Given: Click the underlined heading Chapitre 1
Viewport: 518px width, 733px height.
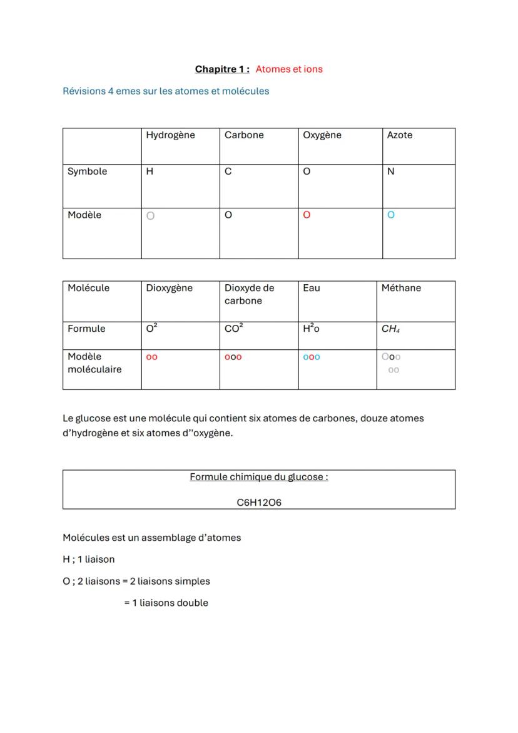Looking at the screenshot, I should coord(222,69).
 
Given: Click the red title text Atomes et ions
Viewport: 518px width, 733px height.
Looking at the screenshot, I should coord(289,69).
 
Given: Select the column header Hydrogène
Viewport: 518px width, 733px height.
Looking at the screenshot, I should coord(170,135).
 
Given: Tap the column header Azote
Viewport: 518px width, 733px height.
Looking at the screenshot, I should coord(399,135).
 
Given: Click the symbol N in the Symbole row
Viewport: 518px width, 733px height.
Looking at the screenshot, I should coord(391,172).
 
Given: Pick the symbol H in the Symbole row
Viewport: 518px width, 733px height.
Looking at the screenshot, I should coord(150,172).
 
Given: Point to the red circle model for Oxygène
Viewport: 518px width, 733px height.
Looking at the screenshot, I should coord(307,215).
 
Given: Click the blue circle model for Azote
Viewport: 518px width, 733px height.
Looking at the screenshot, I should coord(391,215).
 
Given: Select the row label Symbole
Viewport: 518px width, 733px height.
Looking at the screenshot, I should coord(87,172).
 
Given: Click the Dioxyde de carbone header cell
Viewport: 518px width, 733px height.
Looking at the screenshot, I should coord(249,294).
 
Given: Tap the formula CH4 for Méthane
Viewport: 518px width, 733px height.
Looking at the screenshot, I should coord(390,329).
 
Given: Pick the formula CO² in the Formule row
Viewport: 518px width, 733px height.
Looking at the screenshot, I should coord(233,329).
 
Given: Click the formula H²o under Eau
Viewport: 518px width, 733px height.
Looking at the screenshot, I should coord(311,329).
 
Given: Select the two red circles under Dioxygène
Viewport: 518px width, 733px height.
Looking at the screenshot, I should coord(151,357).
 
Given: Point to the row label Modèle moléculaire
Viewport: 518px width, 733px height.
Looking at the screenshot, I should coord(94,363).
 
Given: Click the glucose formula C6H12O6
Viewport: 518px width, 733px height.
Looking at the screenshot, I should coord(259,502).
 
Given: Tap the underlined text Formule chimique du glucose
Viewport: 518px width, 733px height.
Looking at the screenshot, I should coord(259,477).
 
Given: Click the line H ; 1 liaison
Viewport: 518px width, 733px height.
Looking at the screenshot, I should coord(89,559).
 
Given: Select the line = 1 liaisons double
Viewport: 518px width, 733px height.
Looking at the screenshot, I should coord(166,603).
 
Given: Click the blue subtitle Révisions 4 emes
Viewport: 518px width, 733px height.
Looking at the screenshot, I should coord(166,91).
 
